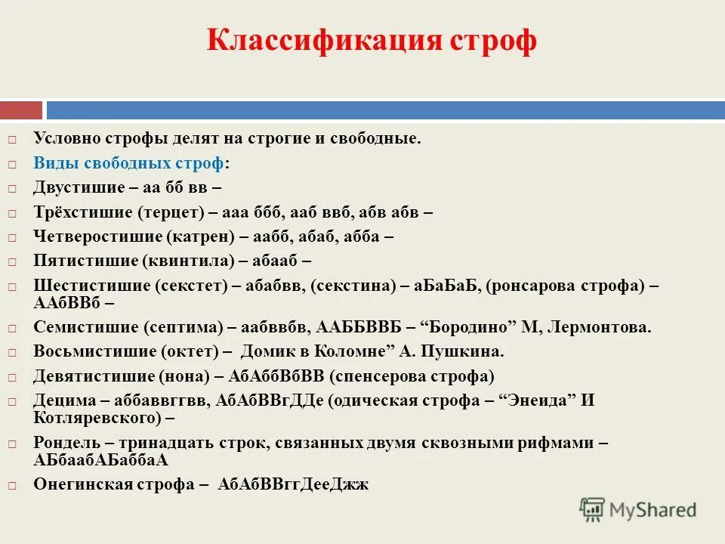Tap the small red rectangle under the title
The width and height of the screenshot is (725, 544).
click(20, 110)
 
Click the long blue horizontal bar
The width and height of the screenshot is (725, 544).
click(385, 110)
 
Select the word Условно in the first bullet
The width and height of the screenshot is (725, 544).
click(69, 139)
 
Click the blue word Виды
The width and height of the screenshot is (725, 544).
click(53, 163)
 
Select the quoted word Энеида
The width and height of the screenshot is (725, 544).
click(539, 401)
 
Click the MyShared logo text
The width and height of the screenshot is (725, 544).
click(653, 509)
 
